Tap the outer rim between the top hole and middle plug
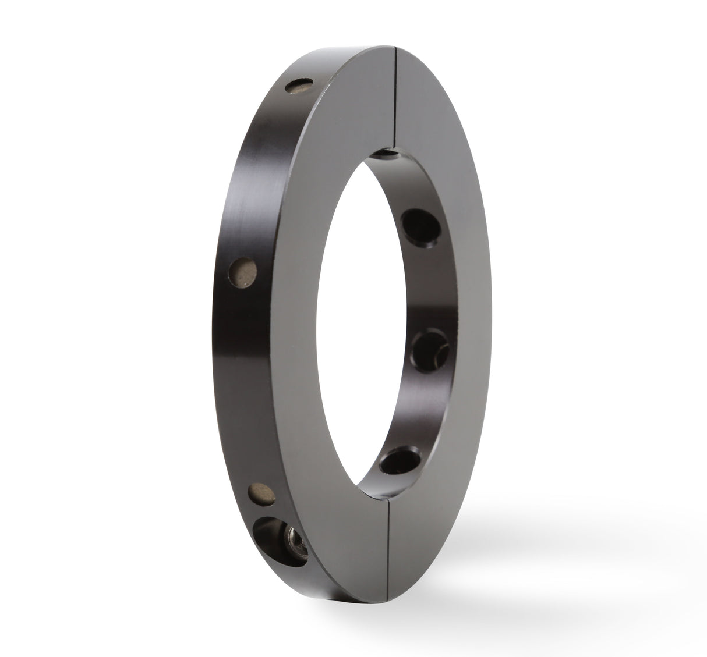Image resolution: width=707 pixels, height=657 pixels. tap(262, 175)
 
